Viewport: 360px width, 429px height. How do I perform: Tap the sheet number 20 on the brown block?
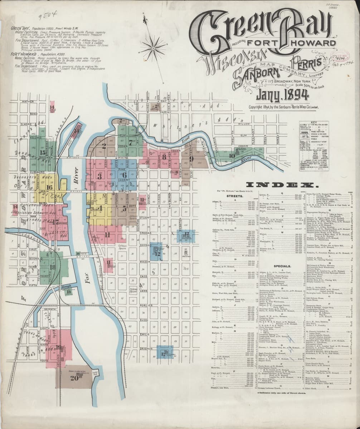tap(74, 378)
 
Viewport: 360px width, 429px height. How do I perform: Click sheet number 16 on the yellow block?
tap(49, 187)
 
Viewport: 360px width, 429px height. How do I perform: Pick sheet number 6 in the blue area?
tap(124, 175)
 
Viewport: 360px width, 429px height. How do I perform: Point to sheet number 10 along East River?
tap(232, 156)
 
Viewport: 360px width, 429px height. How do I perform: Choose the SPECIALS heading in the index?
tap(282, 266)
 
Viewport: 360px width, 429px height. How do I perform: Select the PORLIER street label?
tap(144, 305)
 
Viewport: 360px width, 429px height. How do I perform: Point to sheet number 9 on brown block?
tap(191, 158)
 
